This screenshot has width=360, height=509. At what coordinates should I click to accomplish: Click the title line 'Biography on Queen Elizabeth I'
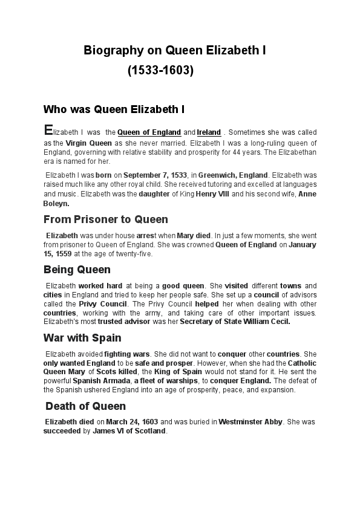tap(175, 51)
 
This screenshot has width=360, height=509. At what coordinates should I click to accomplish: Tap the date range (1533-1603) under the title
tap(161, 71)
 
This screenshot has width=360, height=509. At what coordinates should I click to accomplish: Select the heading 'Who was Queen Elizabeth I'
tap(114, 109)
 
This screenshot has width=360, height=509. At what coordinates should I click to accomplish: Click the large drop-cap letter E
tap(48, 130)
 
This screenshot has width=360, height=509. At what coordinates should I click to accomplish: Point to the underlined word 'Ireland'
tap(209, 132)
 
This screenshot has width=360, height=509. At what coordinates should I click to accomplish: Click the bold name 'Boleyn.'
tap(56, 204)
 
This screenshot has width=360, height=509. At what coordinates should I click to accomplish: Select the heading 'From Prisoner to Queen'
tap(106, 219)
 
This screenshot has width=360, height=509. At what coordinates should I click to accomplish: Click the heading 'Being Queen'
tap(77, 269)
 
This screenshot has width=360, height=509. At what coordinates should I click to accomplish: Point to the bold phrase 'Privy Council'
tap(103, 303)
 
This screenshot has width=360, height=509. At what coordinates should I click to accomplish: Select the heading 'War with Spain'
tap(82, 337)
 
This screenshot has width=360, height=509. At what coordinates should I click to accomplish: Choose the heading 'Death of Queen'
tap(86, 406)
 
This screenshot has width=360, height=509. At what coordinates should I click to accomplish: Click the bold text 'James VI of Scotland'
tap(129, 431)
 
